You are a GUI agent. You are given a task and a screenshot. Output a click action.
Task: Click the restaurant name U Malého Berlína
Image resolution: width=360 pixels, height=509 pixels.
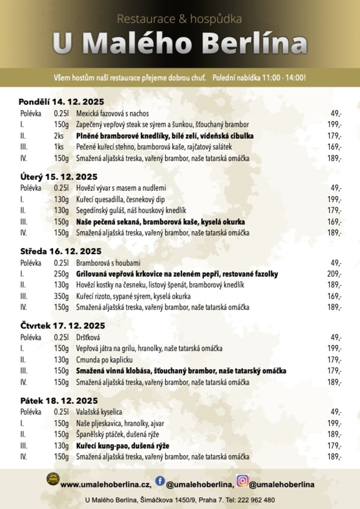click(180, 44)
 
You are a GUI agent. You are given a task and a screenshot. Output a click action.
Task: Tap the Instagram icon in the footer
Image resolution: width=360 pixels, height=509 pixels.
click(242, 481)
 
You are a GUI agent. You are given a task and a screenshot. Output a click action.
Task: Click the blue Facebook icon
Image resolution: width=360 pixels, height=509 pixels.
click(160, 481)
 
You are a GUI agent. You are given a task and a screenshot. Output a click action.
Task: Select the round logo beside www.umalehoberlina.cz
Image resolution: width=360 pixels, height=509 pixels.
click(53, 479)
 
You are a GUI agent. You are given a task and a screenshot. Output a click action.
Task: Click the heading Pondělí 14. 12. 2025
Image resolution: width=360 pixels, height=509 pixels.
click(61, 102)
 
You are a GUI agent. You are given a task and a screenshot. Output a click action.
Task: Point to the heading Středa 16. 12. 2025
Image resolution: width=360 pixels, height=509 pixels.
click(61, 252)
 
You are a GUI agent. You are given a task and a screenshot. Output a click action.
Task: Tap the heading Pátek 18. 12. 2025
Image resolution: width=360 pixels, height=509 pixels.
click(59, 401)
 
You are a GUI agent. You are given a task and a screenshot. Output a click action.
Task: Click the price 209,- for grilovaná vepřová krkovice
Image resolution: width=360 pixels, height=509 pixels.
click(334, 274)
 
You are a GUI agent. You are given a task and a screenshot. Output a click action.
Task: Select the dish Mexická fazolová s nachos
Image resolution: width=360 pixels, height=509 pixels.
click(112, 114)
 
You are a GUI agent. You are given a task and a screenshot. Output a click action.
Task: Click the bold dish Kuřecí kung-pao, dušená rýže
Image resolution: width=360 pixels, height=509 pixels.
click(123, 446)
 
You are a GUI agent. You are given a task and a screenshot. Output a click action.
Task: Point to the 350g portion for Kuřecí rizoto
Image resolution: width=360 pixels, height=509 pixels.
click(61, 296)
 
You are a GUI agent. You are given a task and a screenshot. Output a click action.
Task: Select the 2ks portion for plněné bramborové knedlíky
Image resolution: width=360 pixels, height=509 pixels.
click(59, 136)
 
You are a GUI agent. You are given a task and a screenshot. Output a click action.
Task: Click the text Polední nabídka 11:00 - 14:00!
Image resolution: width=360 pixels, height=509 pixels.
click(259, 78)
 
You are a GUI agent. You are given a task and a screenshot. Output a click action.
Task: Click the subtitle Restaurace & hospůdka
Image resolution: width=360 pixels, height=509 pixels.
click(179, 19)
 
